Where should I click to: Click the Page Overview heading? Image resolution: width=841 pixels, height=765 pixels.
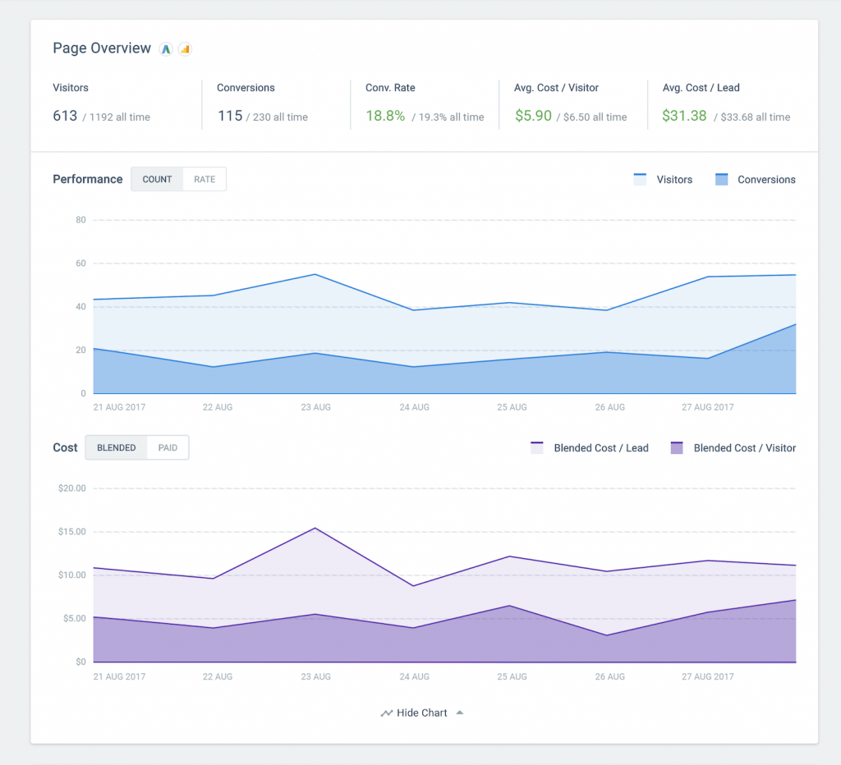click(102, 48)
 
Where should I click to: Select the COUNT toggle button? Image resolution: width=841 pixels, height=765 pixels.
click(157, 179)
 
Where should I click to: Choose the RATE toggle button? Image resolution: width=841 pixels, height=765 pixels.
click(205, 179)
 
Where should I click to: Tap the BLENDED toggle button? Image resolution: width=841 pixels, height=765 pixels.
click(117, 447)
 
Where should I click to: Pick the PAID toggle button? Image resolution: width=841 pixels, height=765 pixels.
click(168, 447)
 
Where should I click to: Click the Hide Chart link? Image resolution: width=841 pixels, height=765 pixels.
click(421, 712)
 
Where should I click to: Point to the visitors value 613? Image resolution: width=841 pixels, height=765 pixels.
click(65, 116)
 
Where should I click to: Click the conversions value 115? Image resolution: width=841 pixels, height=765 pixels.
click(230, 116)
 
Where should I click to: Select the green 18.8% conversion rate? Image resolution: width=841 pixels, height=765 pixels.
click(385, 116)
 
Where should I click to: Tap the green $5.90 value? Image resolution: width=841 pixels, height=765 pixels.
click(533, 116)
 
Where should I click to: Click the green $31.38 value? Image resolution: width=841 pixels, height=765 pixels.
click(684, 116)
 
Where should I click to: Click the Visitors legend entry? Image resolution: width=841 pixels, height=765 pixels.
click(663, 180)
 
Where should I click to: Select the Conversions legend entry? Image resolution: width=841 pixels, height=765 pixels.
click(755, 180)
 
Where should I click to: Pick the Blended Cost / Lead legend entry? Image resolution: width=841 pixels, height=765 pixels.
click(590, 448)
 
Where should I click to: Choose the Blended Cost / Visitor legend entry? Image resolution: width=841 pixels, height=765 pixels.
click(733, 448)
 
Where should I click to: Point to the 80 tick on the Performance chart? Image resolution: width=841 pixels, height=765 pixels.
click(80, 220)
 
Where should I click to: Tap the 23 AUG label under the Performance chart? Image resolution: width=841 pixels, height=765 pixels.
click(315, 407)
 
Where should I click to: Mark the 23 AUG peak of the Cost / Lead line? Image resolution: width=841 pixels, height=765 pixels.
click(315, 528)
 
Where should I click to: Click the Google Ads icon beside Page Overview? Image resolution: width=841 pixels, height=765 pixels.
click(166, 49)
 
